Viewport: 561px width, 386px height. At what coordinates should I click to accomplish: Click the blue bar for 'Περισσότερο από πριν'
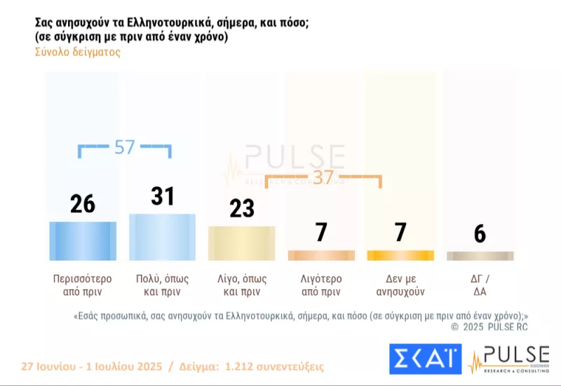point(83,240)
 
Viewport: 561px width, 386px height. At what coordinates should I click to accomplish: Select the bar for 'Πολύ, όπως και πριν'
point(162,237)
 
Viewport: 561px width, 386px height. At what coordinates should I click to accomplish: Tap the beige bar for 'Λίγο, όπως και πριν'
point(242,243)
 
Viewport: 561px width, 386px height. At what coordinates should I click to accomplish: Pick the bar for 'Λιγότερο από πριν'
point(321,256)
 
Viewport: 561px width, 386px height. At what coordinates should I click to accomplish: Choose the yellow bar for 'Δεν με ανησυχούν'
point(400,256)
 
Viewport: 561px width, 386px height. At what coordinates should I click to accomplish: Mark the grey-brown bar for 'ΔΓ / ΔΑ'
point(480,256)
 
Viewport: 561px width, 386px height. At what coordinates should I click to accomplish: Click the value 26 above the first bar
point(83,204)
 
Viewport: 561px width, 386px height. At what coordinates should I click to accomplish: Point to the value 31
point(162,196)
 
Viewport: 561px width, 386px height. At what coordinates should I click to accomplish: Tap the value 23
point(242,209)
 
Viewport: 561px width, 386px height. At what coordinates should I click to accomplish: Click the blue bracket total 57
point(124,147)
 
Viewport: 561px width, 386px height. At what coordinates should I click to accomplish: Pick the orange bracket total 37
point(323,178)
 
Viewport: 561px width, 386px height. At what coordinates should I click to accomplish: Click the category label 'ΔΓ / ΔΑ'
point(480,284)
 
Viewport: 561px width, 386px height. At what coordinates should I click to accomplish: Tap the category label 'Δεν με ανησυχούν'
point(400,284)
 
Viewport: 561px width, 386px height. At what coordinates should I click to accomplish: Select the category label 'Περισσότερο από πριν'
point(83,284)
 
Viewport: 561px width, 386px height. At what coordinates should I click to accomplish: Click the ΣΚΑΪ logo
point(424,359)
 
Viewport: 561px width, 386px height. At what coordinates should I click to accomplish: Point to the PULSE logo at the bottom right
point(508,359)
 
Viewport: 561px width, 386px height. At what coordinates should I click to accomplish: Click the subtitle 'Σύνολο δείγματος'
point(77,53)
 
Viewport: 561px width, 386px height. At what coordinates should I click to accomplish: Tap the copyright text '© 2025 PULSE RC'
point(489,327)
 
